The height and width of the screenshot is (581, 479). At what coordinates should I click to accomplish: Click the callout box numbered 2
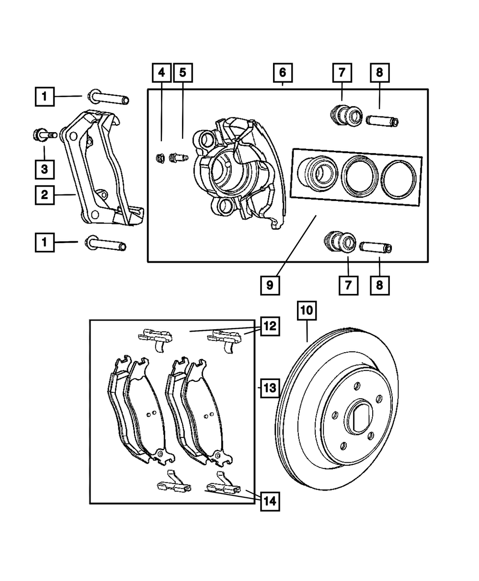click(x=45, y=195)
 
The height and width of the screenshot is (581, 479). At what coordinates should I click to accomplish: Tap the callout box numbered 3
click(x=45, y=169)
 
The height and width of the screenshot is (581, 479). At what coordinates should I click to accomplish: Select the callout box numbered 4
click(x=161, y=73)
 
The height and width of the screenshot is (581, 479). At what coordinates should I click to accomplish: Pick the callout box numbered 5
click(x=182, y=73)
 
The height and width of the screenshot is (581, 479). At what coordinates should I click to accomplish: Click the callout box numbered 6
click(x=283, y=73)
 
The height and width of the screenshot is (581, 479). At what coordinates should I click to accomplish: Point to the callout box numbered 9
click(x=270, y=285)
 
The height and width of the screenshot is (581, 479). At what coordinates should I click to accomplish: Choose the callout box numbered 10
click(x=307, y=310)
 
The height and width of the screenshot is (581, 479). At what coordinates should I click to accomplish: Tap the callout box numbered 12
click(x=270, y=326)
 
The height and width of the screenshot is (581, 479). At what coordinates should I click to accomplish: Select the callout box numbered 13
click(x=270, y=388)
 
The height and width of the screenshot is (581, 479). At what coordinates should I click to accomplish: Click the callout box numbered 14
click(x=270, y=502)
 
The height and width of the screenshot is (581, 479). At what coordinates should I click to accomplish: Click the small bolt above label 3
click(x=45, y=135)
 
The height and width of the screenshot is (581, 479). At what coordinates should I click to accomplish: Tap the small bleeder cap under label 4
click(x=160, y=158)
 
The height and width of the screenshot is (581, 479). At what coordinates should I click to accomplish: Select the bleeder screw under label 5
click(x=179, y=158)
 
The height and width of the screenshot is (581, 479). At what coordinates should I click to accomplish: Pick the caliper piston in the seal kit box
click(x=318, y=173)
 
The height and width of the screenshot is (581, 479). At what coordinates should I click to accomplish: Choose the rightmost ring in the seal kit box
click(x=399, y=180)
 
